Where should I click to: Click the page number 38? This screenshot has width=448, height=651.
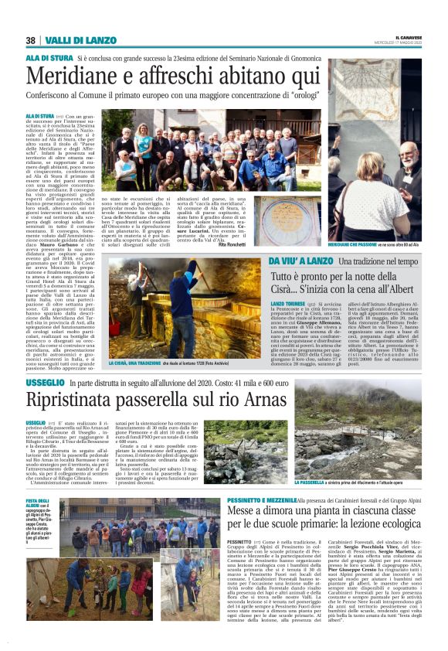click(30, 40)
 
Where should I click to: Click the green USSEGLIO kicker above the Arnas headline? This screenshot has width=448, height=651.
click(45, 383)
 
